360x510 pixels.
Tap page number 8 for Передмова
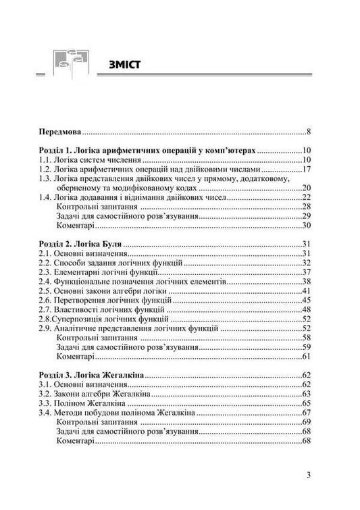coord(307,132)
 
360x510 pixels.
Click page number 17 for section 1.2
coord(305,170)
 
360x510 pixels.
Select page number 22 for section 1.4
coord(305,197)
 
